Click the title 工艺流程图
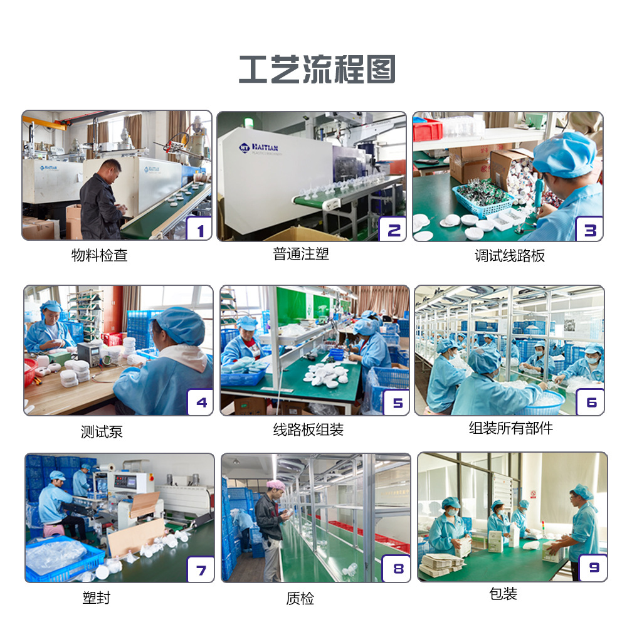point(317,70)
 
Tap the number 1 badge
point(199,230)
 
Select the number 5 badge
point(396,403)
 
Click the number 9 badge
point(593,568)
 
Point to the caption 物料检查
point(99,256)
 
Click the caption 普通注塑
point(301,254)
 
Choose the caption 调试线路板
point(509,256)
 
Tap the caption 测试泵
point(102,432)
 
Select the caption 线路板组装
point(308,430)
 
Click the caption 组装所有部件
point(511,428)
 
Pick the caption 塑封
point(96,598)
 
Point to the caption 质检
point(300,599)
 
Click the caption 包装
point(503,594)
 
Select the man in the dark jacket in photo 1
point(100,201)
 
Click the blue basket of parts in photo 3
point(481,198)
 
